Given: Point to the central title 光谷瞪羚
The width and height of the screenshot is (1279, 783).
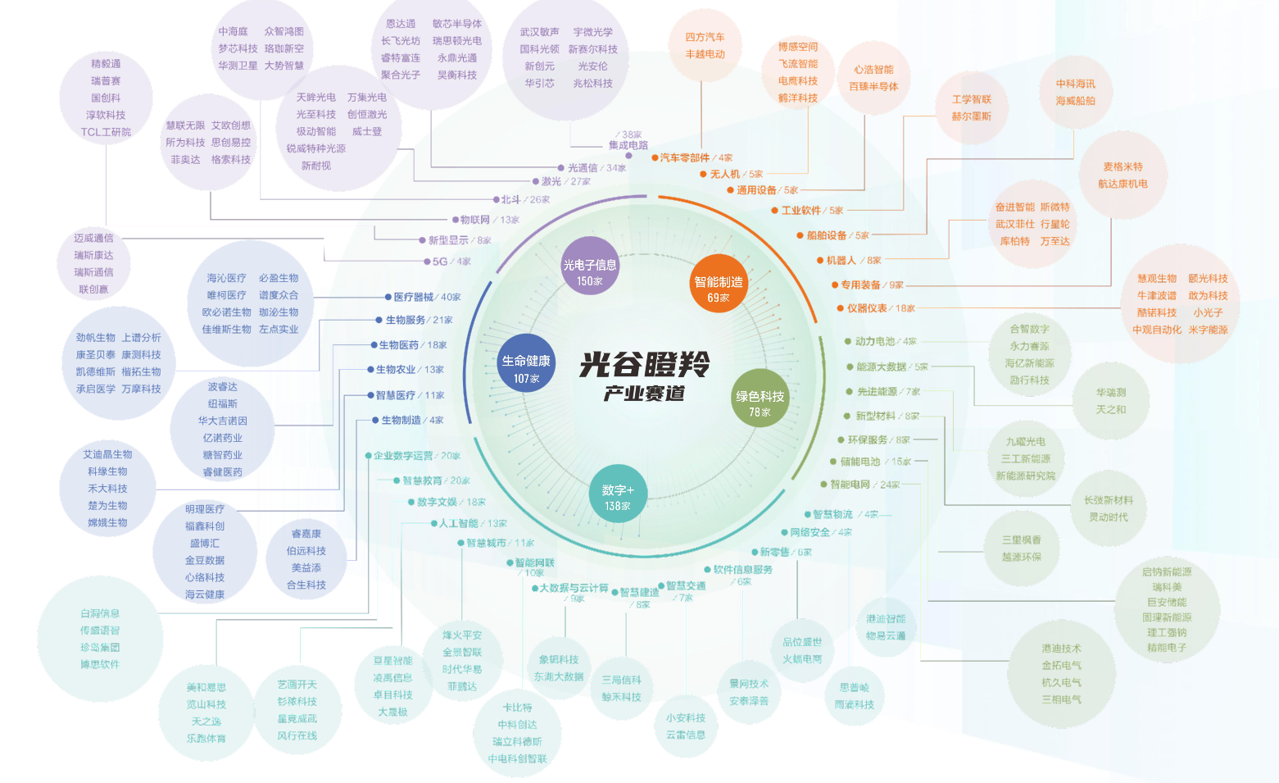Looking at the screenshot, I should tap(644, 364).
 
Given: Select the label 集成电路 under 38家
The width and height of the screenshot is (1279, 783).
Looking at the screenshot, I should tap(628, 145).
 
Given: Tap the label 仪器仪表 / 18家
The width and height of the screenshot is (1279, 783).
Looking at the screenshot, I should tap(880, 308).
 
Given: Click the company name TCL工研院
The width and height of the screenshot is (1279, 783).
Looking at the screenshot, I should tap(106, 132).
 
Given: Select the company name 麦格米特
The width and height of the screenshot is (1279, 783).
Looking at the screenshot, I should tap(1123, 166).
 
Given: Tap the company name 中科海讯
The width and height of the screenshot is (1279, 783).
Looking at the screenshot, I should tap(1075, 84).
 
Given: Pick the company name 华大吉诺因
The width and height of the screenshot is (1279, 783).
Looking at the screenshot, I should tap(222, 421).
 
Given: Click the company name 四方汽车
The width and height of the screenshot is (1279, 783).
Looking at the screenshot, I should tap(705, 37).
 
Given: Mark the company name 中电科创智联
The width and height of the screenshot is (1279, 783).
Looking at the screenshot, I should tap(517, 759).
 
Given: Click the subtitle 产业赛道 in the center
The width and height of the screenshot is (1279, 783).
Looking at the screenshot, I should tap(644, 394).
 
